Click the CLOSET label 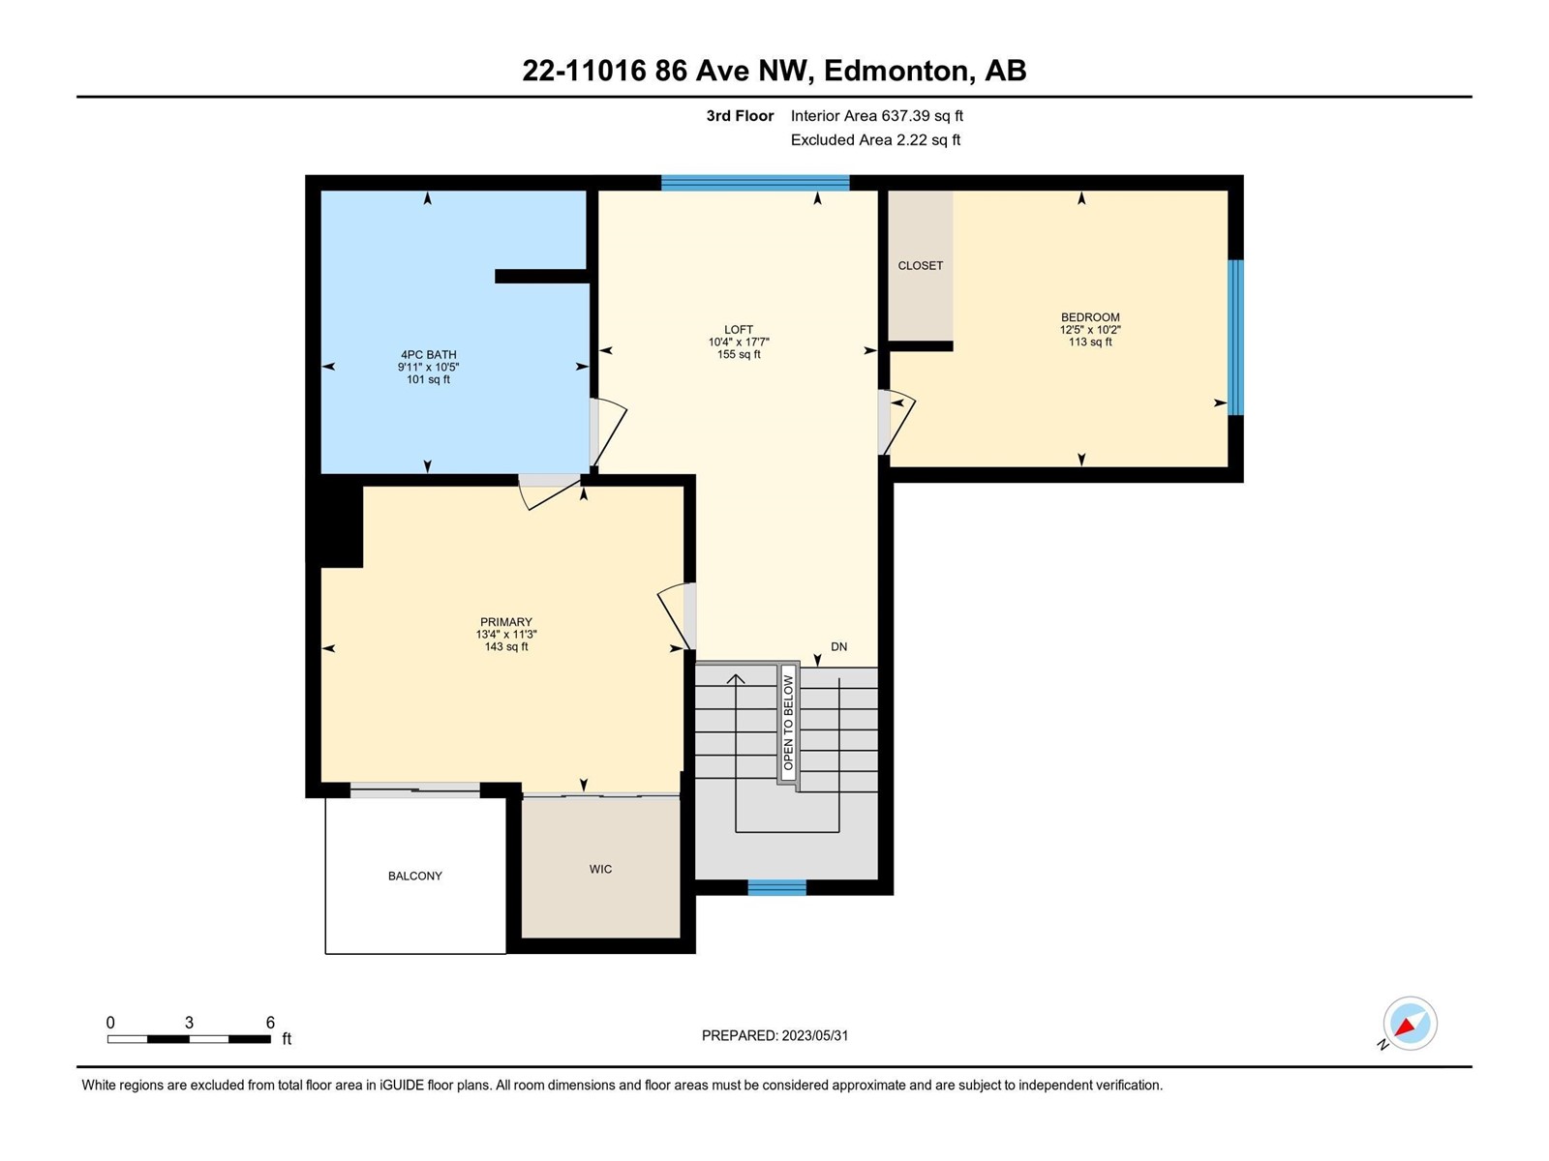[921, 266]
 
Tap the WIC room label [600, 869]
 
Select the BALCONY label [415, 876]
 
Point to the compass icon [1410, 1024]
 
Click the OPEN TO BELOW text [788, 723]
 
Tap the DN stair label [839, 646]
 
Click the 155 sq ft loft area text [739, 354]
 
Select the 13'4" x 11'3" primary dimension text [506, 635]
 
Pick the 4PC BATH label [428, 354]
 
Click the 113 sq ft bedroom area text [1090, 342]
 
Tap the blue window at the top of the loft [755, 183]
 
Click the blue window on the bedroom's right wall [1235, 338]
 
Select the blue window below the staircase [777, 887]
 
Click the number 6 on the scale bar [270, 1022]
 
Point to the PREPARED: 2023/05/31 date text [774, 1035]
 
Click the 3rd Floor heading [741, 115]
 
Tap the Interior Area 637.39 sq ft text [876, 115]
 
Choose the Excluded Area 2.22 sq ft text [875, 139]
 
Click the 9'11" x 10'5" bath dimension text [428, 367]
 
